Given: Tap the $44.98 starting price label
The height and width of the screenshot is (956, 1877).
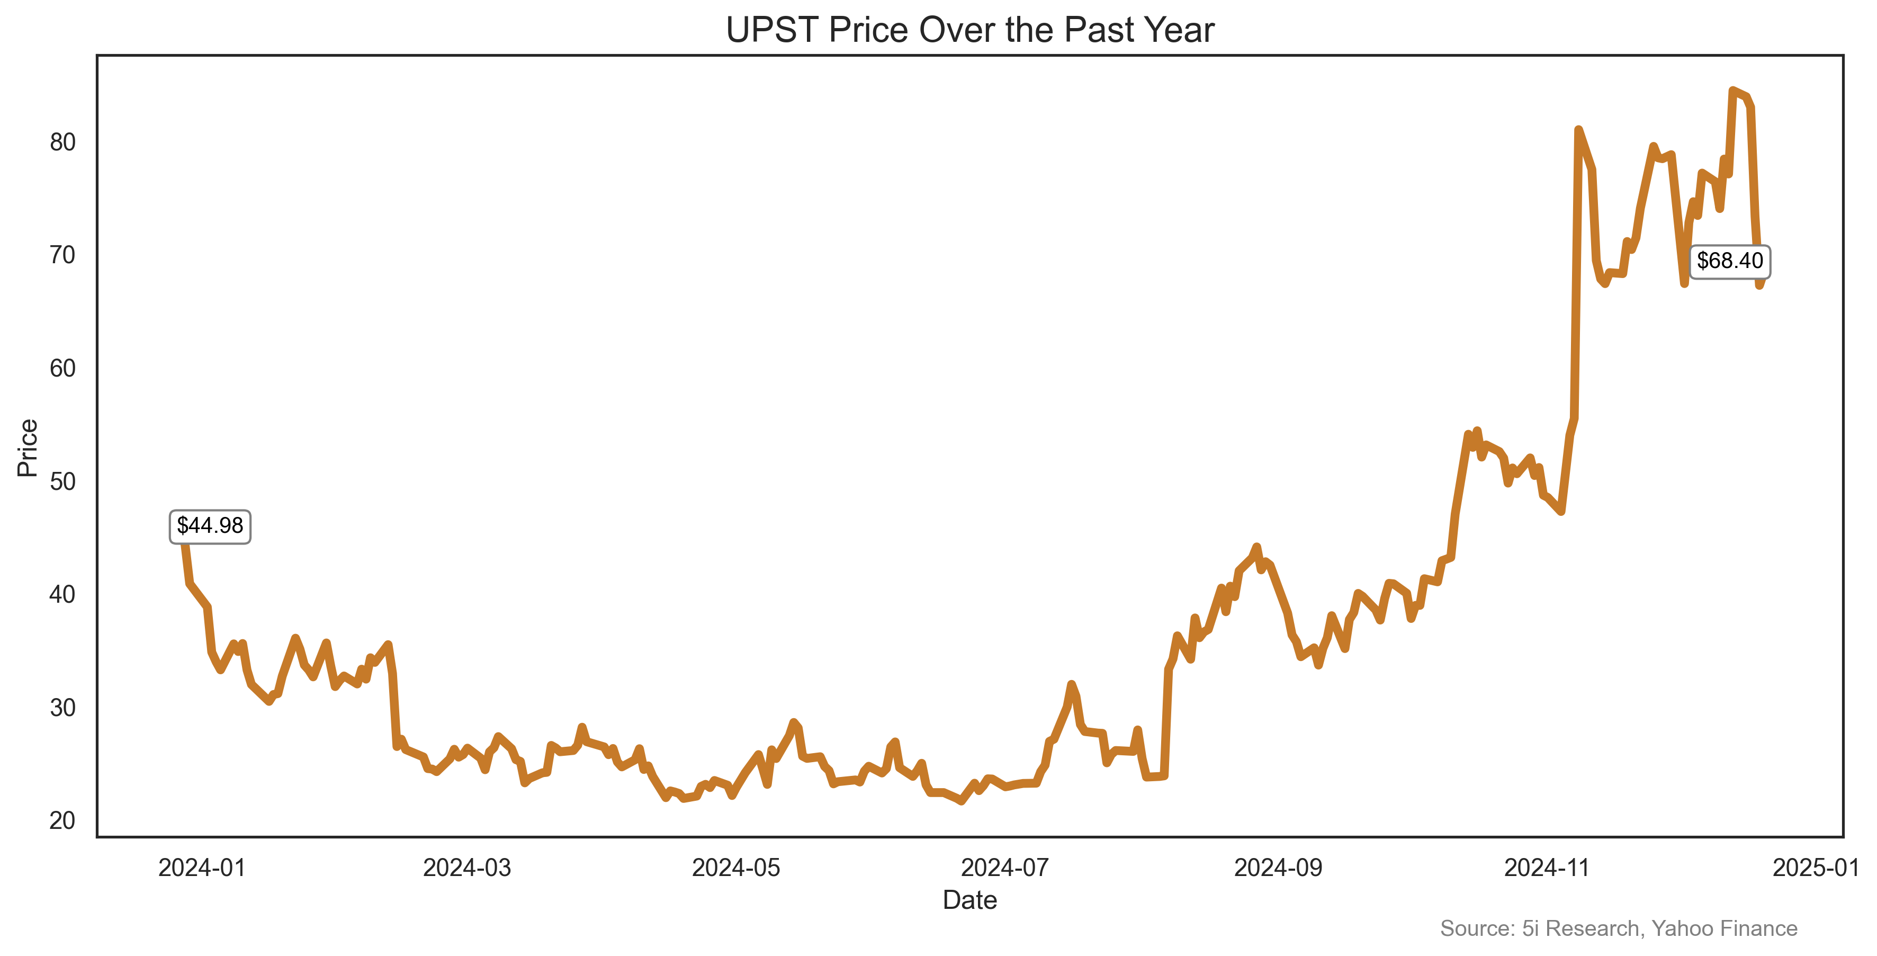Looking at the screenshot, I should (210, 525).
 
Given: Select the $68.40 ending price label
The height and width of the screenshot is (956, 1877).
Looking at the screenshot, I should (1729, 261).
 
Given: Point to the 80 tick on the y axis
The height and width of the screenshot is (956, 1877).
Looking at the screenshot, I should (62, 142).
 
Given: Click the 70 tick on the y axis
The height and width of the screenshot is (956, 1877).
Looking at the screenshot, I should (62, 255).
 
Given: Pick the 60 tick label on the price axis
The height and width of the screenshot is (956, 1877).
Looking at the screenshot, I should (62, 368).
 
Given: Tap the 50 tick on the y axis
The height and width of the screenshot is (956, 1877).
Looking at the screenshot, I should (62, 481).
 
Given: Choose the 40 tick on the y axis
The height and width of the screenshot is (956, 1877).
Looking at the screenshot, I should (62, 595).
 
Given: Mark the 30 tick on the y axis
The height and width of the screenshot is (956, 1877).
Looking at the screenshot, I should (62, 708).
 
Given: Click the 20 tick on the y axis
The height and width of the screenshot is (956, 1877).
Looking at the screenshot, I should (62, 820).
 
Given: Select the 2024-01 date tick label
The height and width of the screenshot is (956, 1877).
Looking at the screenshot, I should (202, 868).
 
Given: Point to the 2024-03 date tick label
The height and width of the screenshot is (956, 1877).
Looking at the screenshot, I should (467, 868).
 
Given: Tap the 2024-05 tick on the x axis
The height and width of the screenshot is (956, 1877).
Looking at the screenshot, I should (736, 868).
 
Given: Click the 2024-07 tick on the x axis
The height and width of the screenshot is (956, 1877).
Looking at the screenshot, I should (1005, 868).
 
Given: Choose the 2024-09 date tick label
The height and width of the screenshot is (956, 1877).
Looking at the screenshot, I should (1278, 868).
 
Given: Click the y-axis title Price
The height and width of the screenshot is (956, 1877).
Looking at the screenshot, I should (28, 448).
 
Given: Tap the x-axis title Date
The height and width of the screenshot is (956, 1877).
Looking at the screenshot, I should (970, 900).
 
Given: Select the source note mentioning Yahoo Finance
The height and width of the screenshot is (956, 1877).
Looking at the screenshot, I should (1618, 928).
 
